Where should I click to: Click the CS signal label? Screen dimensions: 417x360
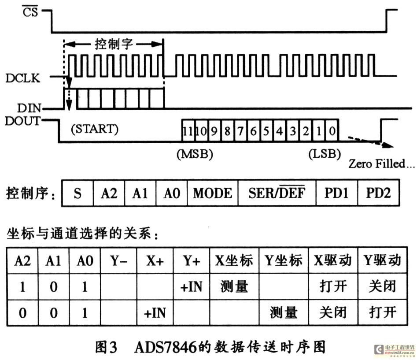click(30, 12)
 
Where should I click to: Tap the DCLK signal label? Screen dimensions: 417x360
click(23, 78)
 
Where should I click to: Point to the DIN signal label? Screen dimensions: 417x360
click(29, 108)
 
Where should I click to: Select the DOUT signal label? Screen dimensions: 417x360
click(22, 121)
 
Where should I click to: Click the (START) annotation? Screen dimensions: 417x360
click(95, 129)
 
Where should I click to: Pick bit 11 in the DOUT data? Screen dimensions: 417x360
click(188, 131)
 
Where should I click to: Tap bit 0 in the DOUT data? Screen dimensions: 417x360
click(332, 130)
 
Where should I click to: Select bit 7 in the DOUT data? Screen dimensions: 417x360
click(240, 131)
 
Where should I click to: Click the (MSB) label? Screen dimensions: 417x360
click(195, 154)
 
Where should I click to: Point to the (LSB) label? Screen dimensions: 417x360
click(325, 154)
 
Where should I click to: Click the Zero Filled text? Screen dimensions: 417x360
click(381, 163)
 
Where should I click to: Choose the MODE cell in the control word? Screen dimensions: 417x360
click(213, 193)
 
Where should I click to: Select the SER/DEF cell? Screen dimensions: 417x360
click(277, 193)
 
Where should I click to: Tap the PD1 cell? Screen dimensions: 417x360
click(337, 193)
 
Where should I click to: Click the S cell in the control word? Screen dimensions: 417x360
click(77, 193)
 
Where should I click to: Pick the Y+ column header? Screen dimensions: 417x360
click(191, 261)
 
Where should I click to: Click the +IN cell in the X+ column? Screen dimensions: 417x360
click(155, 313)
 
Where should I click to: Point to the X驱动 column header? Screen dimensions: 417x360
click(333, 260)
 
